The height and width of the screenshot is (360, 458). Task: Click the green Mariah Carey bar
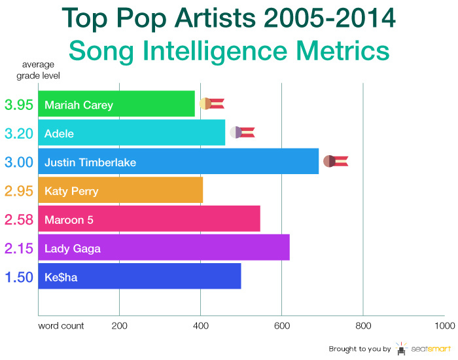pos(116,104)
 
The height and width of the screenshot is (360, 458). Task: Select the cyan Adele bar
pos(132,133)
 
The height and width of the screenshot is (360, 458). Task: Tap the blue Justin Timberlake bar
pos(179,162)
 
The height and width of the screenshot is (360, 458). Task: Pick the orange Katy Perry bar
pos(120,190)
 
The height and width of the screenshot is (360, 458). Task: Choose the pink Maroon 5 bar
pos(149,219)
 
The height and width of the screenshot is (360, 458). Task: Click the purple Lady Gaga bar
pos(164,247)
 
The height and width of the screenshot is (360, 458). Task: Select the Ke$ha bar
pos(139,276)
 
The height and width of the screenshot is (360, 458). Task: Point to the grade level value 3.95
pos(18,105)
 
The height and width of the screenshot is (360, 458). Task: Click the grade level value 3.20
pos(18,134)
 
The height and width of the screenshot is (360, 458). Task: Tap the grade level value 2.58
pos(18,219)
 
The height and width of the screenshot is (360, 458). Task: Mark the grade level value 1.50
pos(18,277)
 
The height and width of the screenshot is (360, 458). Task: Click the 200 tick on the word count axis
pos(119,325)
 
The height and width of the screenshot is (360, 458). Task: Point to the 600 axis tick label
pos(281,325)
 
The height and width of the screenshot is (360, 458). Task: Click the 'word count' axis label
pos(61,325)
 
